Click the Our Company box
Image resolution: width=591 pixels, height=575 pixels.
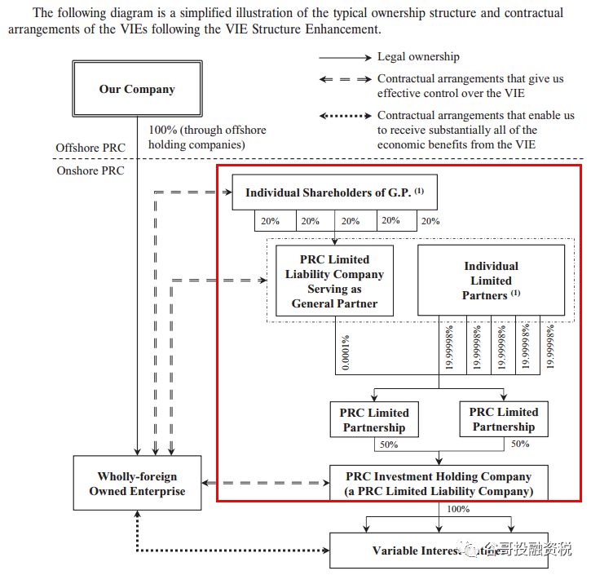tap(137, 89)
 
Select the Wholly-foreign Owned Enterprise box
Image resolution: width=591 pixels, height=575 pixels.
tap(137, 484)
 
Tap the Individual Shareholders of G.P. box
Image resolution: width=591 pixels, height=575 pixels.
tap(334, 193)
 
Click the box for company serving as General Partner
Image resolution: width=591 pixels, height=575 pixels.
tap(334, 281)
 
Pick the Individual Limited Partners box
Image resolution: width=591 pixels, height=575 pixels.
tap(491, 281)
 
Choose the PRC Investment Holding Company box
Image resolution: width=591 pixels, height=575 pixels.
tap(439, 484)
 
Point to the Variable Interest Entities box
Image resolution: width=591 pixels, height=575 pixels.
tap(439, 551)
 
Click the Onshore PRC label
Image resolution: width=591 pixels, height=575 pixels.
tap(90, 170)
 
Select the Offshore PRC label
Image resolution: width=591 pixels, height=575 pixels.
tap(90, 148)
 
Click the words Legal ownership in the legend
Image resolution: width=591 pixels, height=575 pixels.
tap(418, 57)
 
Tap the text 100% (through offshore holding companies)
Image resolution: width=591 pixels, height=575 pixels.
tap(207, 137)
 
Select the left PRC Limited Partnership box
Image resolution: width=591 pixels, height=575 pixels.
tap(374, 420)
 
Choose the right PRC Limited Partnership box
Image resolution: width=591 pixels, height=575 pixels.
tap(504, 419)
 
